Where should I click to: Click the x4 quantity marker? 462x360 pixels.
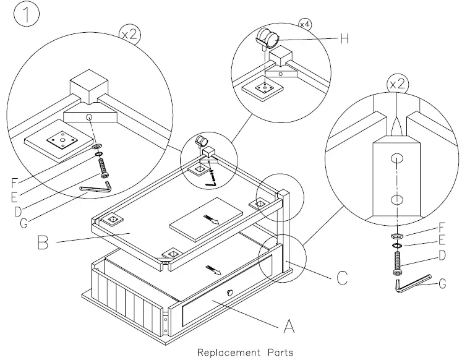click(305, 24)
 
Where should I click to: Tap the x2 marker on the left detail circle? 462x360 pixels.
click(128, 35)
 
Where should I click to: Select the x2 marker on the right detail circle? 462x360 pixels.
click(396, 83)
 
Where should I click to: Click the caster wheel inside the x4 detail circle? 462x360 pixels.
click(266, 38)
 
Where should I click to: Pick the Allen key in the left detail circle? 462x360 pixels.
click(96, 187)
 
